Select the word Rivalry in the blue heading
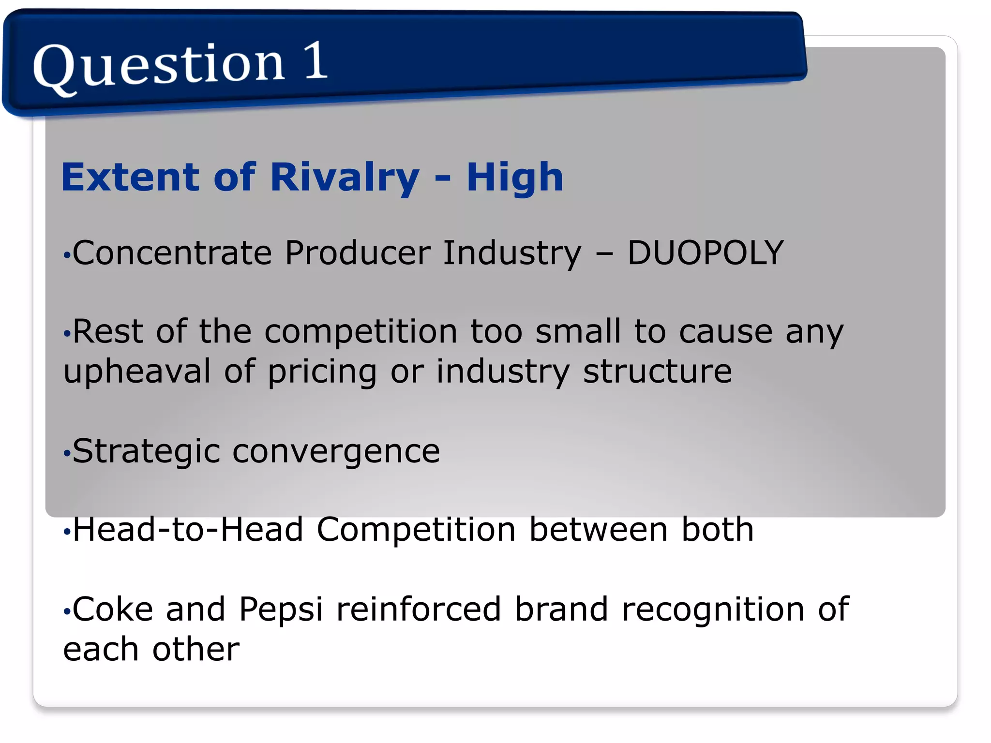pos(345,178)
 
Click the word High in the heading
pos(515,178)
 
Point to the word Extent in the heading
pos(131,178)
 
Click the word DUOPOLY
pos(705,253)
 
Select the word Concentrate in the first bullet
pos(172,253)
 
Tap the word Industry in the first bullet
pos(512,253)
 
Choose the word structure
pos(657,371)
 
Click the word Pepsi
pos(281,609)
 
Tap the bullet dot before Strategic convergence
pos(67,454)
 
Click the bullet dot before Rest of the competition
pos(67,333)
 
